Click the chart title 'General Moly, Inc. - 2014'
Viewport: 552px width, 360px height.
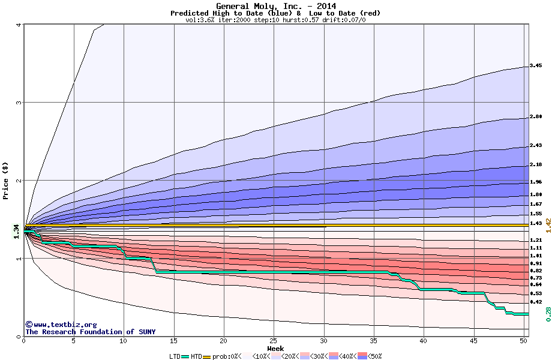coord(275,6)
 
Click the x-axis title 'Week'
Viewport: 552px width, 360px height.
coord(275,348)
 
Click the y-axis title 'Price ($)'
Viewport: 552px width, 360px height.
coord(5,181)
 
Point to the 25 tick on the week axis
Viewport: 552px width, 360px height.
coord(274,341)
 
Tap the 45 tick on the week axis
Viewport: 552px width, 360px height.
coord(474,341)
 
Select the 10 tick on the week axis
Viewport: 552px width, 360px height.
coord(124,341)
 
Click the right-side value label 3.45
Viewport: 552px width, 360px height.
coord(536,66)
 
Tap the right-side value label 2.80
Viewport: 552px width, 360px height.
coord(536,118)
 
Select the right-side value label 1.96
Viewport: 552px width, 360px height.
coord(536,182)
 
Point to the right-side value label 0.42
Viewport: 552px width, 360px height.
coord(536,302)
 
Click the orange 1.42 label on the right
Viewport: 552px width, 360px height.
coord(548,225)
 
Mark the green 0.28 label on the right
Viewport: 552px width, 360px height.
coord(548,313)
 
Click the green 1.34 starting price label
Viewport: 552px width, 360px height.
coord(16,230)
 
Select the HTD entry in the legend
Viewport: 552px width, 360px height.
coord(197,356)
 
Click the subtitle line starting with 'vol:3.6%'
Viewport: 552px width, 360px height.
coord(275,20)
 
